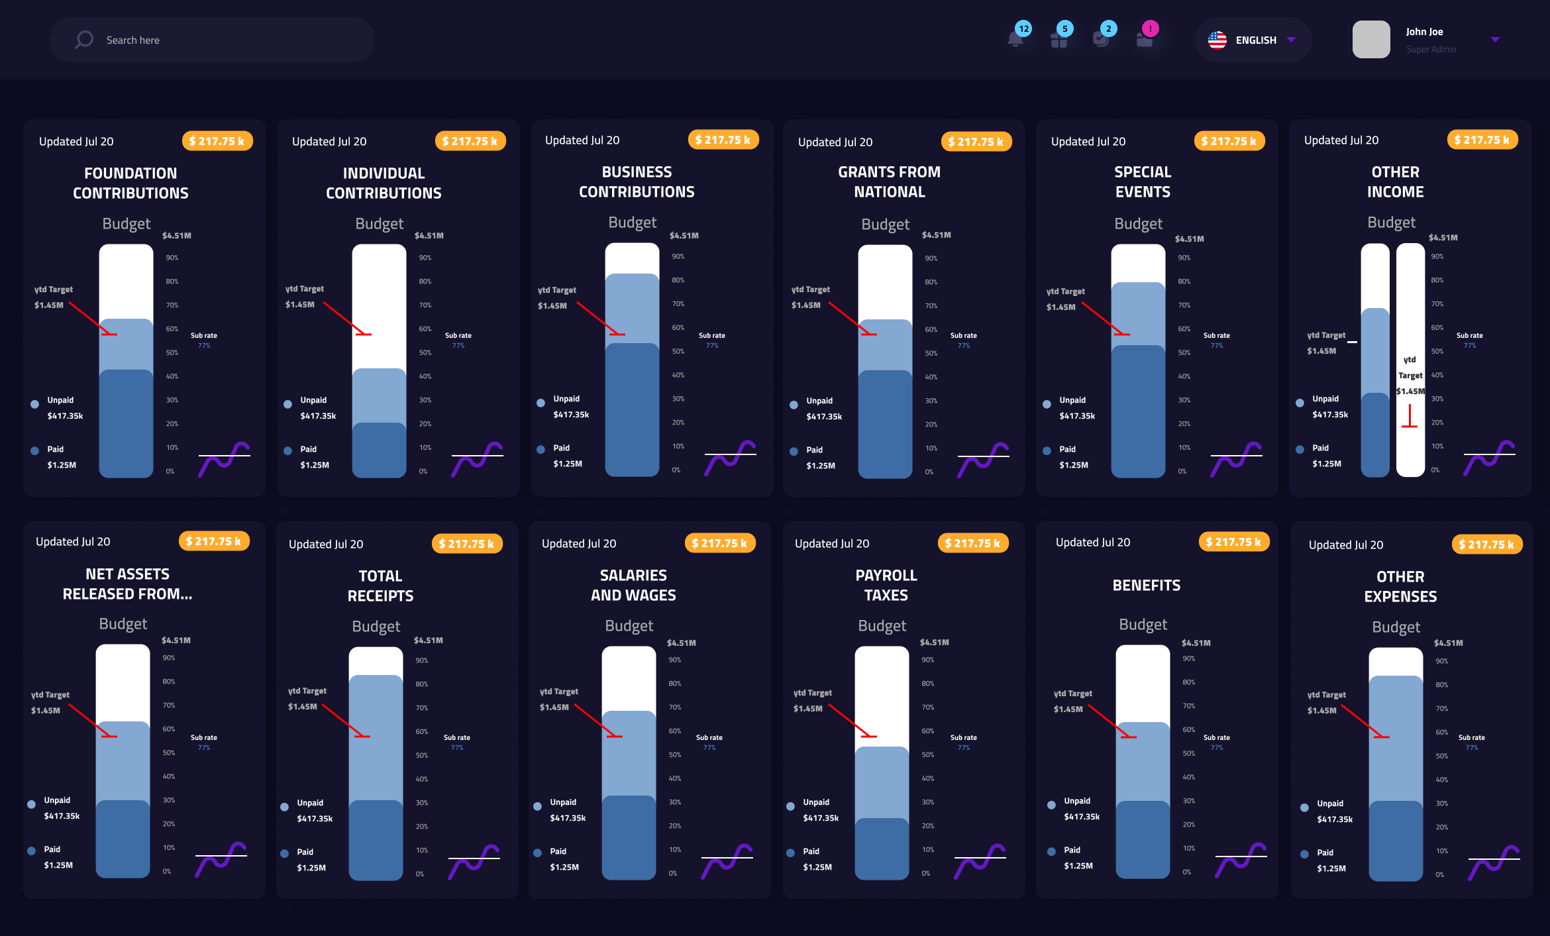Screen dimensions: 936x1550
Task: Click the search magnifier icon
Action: (x=84, y=40)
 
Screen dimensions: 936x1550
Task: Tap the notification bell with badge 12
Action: (x=1015, y=38)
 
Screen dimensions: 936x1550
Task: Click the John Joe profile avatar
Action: (x=1370, y=40)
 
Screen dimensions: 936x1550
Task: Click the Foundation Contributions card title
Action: (x=130, y=183)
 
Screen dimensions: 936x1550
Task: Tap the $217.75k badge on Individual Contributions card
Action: (x=470, y=141)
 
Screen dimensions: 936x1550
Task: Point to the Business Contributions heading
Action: (x=637, y=182)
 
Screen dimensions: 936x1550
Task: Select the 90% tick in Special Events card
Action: (x=1184, y=258)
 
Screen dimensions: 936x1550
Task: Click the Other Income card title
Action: (x=1395, y=182)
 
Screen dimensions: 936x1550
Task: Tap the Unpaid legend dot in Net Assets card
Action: (x=31, y=804)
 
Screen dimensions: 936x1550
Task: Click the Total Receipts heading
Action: (x=380, y=586)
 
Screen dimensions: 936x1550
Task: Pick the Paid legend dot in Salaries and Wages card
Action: (x=537, y=853)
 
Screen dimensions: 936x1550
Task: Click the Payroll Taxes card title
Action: (x=886, y=585)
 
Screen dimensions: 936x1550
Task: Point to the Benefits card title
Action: (x=1146, y=585)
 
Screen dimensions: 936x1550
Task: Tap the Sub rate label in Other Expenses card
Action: (x=1471, y=737)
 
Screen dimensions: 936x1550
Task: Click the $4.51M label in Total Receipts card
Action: (x=428, y=641)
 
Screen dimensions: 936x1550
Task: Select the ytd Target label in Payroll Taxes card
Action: (x=812, y=693)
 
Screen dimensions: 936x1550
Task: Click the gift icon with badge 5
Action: (x=1059, y=38)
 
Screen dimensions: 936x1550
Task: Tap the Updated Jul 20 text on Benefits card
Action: (x=1092, y=542)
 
